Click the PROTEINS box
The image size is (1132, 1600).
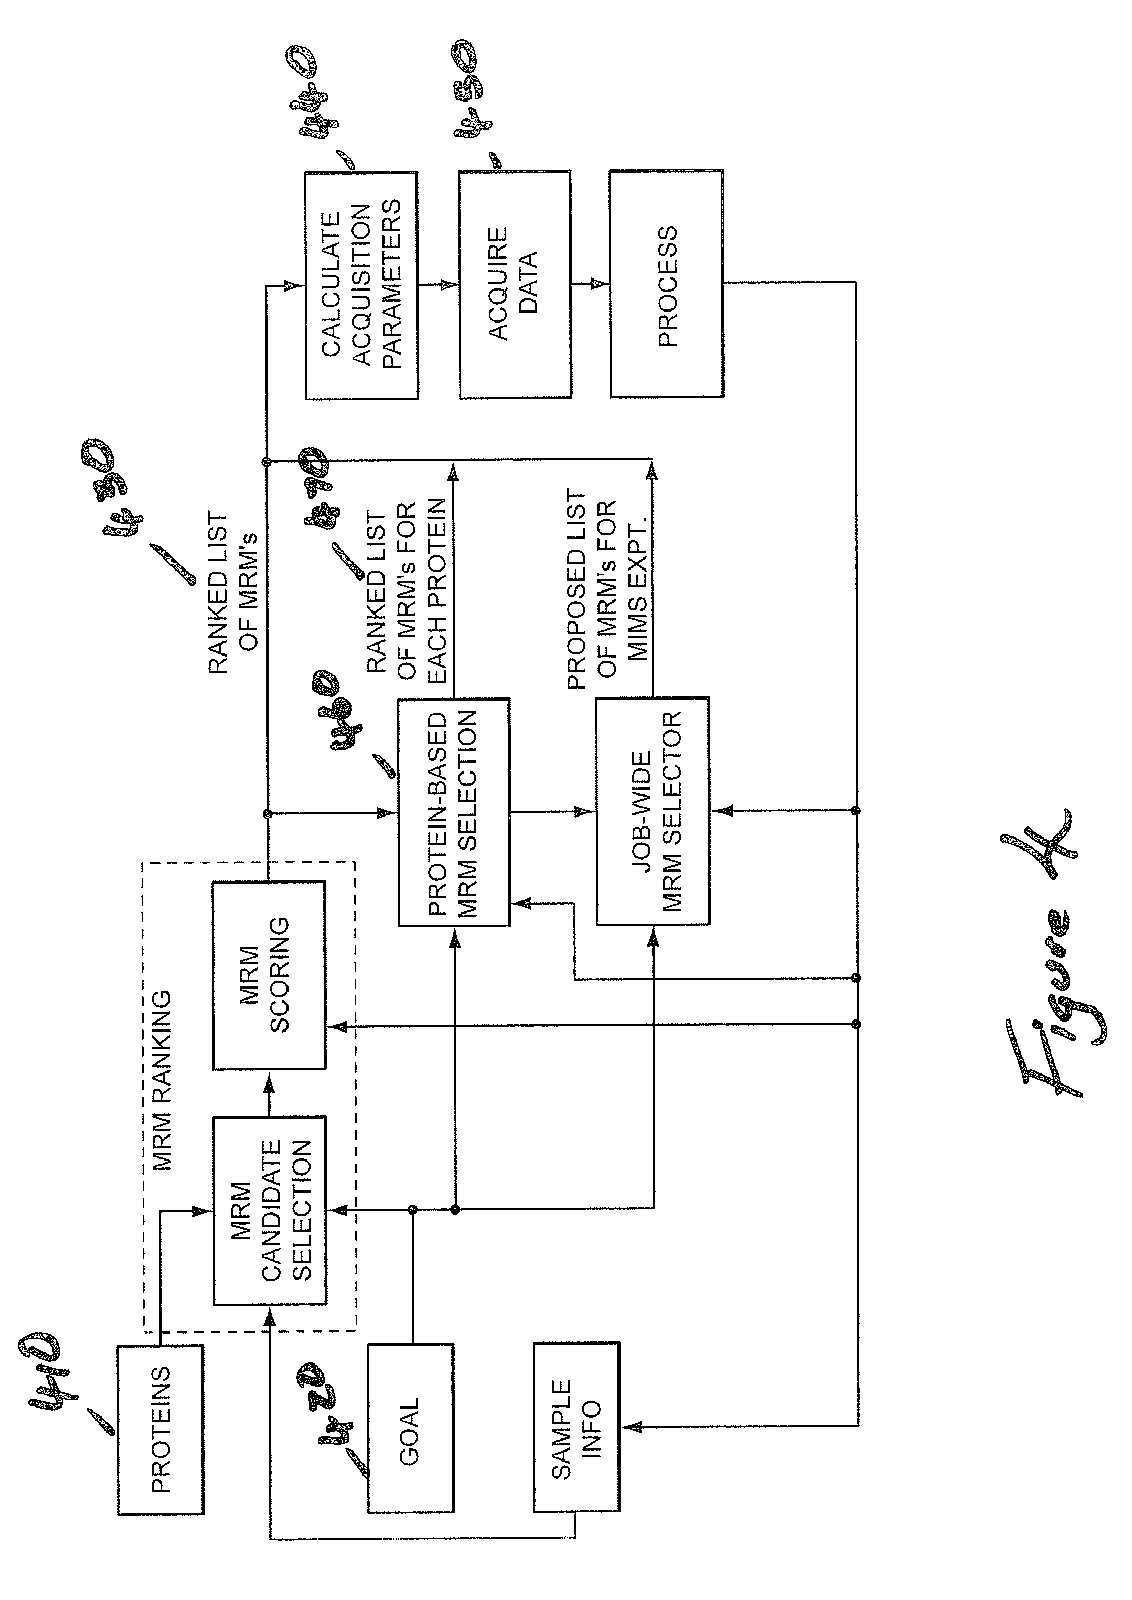pyautogui.click(x=161, y=1429)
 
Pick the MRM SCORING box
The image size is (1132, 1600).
pyautogui.click(x=269, y=975)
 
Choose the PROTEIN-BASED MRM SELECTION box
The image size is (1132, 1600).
pyautogui.click(x=454, y=812)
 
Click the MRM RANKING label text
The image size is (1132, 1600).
pyautogui.click(x=162, y=1079)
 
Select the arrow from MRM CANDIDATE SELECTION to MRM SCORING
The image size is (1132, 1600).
pyautogui.click(x=269, y=1093)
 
